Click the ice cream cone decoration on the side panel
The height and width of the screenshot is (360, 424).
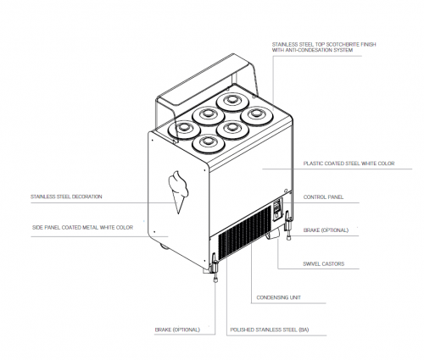(178, 191)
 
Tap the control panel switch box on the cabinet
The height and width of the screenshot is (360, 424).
(277, 209)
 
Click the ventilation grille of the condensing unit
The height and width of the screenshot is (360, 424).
(244, 232)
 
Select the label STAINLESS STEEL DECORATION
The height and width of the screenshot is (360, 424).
(66, 197)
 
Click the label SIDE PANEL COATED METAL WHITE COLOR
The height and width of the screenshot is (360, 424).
(82, 228)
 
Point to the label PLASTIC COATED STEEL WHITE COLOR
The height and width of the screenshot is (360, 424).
(349, 163)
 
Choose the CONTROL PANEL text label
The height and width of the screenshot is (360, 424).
(323, 197)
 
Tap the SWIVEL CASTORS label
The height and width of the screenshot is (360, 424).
(324, 264)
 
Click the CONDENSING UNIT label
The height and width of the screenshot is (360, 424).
(279, 297)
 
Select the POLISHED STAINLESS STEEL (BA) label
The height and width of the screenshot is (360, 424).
(270, 330)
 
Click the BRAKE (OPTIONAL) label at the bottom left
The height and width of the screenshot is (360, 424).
(177, 330)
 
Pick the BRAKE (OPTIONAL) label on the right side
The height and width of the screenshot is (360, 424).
(326, 230)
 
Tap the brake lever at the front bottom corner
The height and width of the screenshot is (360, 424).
(215, 268)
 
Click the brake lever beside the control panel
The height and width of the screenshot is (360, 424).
(288, 225)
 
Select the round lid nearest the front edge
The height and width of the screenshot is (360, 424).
(208, 143)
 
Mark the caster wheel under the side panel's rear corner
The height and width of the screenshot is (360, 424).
(165, 246)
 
